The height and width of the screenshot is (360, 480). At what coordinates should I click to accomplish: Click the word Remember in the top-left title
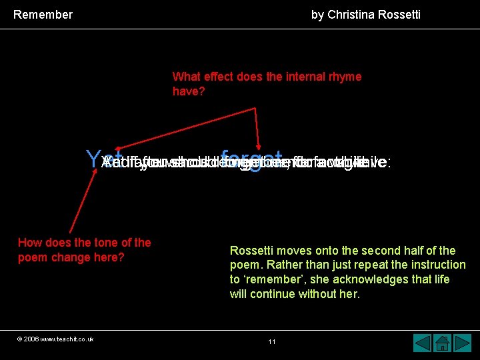coord(43,14)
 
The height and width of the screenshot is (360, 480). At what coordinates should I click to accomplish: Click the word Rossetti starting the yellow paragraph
coord(252,251)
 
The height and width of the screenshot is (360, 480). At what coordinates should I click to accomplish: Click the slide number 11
coord(272,341)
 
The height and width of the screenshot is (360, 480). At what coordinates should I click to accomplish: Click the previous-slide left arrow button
coord(423,343)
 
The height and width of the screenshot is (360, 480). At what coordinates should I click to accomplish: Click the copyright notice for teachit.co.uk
coord(55,339)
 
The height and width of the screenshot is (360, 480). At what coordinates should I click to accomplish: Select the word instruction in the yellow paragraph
coord(433,265)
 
